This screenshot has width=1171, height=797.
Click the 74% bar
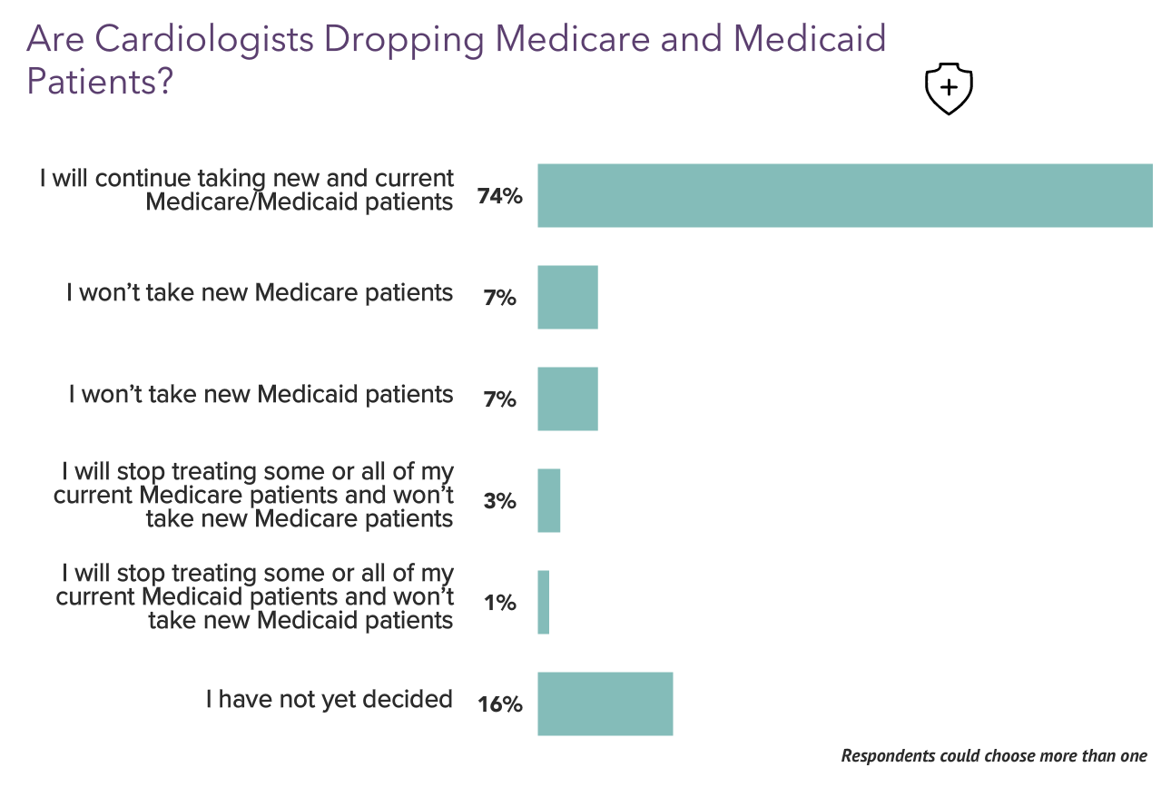pyautogui.click(x=844, y=195)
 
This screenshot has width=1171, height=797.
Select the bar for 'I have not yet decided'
pyautogui.click(x=605, y=704)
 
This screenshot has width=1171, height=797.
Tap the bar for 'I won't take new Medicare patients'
pyautogui.click(x=567, y=297)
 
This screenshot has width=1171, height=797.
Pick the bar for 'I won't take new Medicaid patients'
pyautogui.click(x=567, y=398)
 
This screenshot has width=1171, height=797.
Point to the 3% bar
pyautogui.click(x=548, y=500)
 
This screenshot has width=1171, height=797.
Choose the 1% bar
pyautogui.click(x=543, y=602)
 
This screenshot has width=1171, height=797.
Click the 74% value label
pyautogui.click(x=499, y=195)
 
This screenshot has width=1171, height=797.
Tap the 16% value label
pyautogui.click(x=499, y=704)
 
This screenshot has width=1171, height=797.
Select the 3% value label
pyautogui.click(x=499, y=500)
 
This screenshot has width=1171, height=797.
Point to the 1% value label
pyautogui.click(x=499, y=602)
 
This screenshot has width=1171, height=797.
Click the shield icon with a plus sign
pyautogui.click(x=948, y=88)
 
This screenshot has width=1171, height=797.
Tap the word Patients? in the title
pyautogui.click(x=100, y=81)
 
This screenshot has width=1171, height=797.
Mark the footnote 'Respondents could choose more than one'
pyautogui.click(x=994, y=755)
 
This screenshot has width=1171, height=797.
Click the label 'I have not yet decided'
pyautogui.click(x=329, y=699)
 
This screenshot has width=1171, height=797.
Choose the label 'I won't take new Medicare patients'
pyautogui.click(x=260, y=292)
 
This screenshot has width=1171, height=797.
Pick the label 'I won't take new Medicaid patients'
pyautogui.click(x=261, y=394)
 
